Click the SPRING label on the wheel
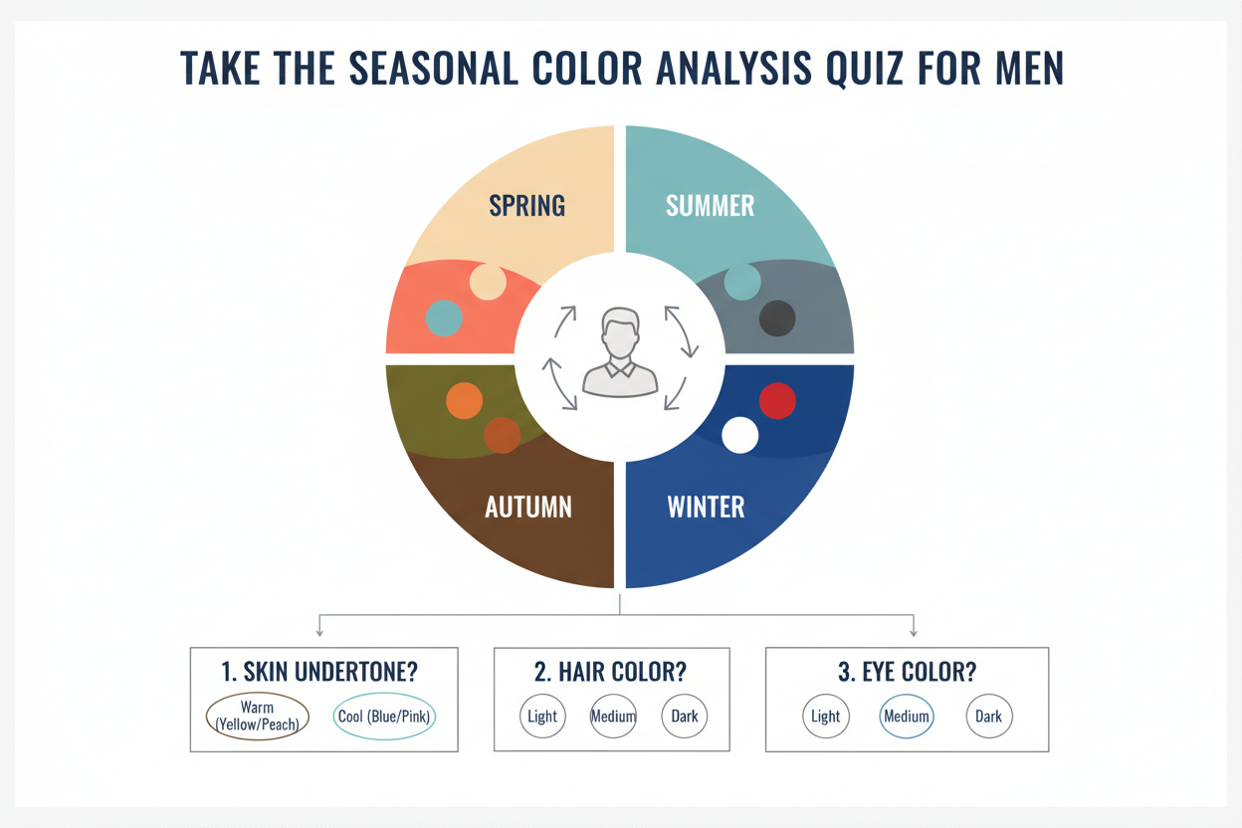(x=527, y=206)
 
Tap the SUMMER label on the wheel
(x=710, y=206)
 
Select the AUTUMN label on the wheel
(x=527, y=507)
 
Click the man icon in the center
(x=620, y=352)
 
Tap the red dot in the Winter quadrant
(x=777, y=401)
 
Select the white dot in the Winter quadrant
(x=739, y=435)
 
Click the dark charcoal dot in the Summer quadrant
(x=777, y=319)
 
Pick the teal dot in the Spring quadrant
(x=444, y=317)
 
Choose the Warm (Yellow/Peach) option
(x=257, y=717)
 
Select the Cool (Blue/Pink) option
(x=384, y=717)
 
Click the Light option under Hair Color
(x=542, y=717)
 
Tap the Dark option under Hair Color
(x=685, y=717)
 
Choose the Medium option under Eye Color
(x=907, y=717)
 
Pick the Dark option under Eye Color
(x=989, y=717)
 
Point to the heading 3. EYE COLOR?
(x=907, y=672)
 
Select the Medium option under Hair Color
(x=613, y=717)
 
